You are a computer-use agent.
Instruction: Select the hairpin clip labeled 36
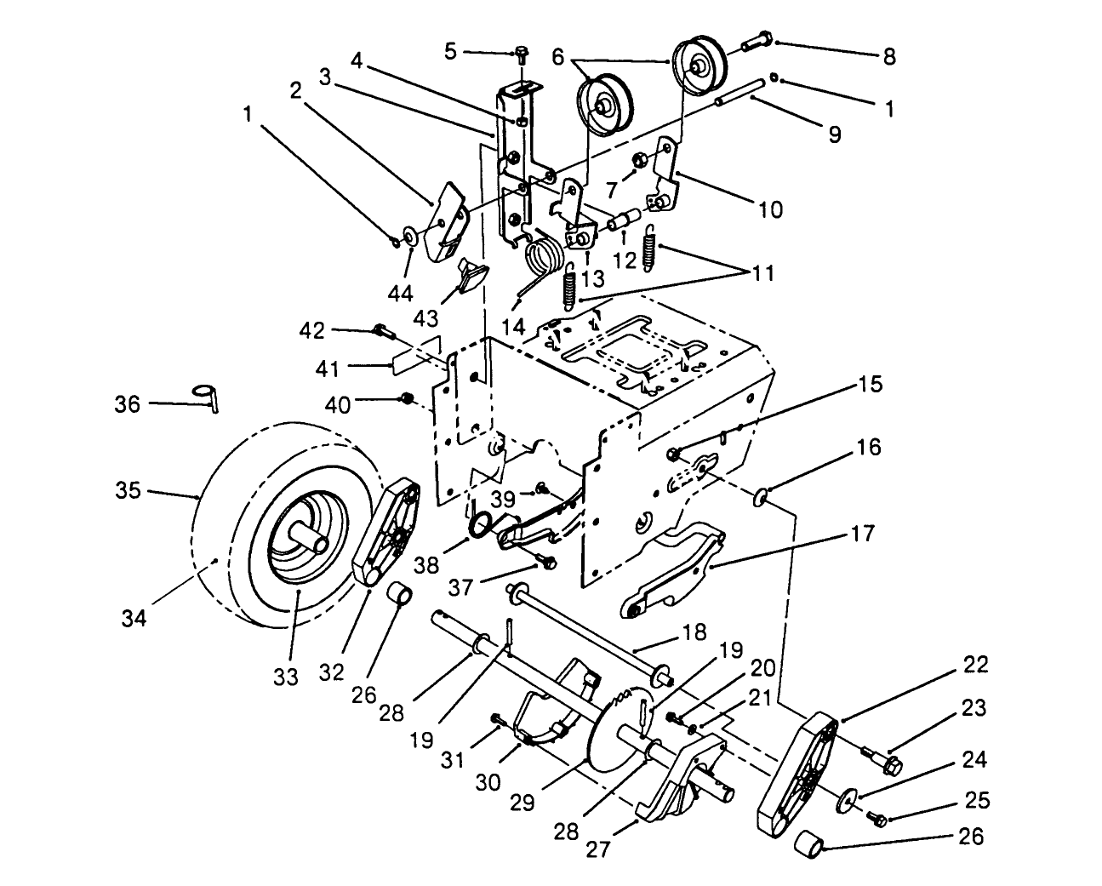coord(207,397)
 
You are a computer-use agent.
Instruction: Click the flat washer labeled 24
coord(847,800)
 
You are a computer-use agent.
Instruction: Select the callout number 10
coord(769,209)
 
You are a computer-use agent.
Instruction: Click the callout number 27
coord(599,849)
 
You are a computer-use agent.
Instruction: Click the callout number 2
coord(295,90)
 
